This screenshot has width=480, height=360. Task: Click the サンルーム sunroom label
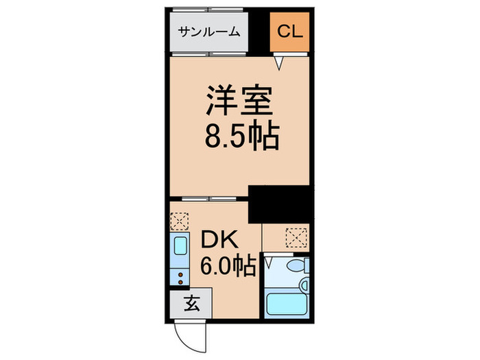click(x=210, y=32)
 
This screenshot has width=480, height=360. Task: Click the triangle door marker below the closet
click(x=280, y=64)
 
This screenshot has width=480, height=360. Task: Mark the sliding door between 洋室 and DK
click(x=209, y=199)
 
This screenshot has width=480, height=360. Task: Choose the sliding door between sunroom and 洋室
click(x=209, y=53)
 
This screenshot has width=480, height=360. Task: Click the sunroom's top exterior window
click(x=209, y=10)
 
